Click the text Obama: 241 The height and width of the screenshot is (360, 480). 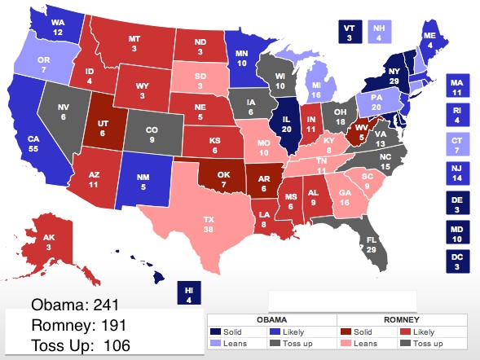[x=76, y=305]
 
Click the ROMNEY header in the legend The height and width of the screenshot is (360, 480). [x=401, y=320]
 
